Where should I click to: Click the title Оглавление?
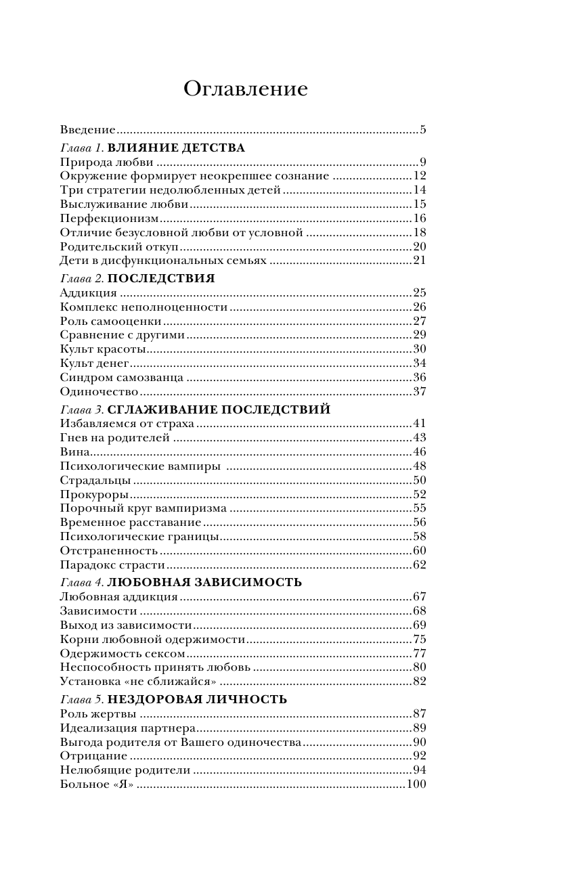[x=245, y=89]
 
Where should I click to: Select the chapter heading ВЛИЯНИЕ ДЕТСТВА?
[x=176, y=148]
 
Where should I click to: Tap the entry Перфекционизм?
[x=109, y=218]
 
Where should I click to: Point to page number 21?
[x=419, y=261]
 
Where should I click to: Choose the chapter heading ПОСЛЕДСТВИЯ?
[x=161, y=278]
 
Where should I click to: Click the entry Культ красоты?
[x=103, y=349]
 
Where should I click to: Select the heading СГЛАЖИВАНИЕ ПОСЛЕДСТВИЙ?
[x=219, y=409]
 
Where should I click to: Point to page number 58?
[x=419, y=537]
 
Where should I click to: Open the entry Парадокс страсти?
[x=112, y=565]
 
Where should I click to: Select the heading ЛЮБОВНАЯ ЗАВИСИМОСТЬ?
[x=204, y=582]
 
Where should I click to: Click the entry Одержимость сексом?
[x=123, y=653]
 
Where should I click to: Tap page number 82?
[x=419, y=682]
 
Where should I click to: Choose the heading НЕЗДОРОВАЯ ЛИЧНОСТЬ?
[x=197, y=699]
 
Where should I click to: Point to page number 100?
[x=416, y=784]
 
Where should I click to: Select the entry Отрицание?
[x=93, y=756]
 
